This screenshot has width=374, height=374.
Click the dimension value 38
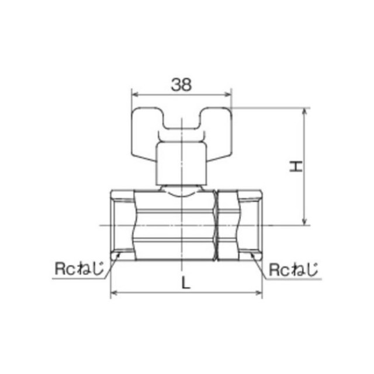181,85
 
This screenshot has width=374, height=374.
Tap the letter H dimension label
296,166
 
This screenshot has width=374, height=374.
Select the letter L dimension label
186,283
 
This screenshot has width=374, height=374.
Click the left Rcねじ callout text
79,269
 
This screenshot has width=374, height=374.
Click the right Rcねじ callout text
293,269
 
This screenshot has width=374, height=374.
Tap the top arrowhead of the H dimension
304,111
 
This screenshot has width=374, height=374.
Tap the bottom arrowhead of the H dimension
304,222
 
